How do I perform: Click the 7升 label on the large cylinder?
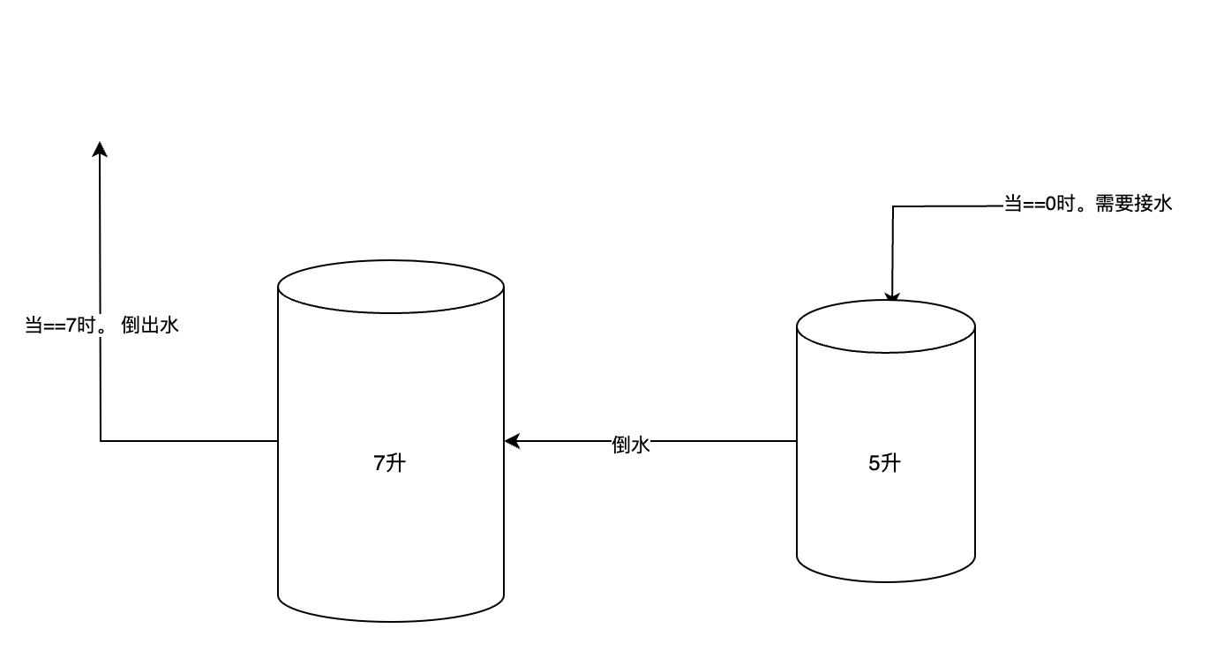point(390,462)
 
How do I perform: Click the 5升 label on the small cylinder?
point(885,462)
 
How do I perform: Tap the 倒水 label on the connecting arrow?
point(631,445)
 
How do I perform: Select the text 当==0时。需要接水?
point(1088,205)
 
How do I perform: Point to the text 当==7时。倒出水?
point(101,325)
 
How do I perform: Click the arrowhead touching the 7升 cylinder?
point(511,441)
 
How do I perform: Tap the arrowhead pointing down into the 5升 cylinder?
point(892,298)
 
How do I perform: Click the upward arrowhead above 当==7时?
point(100,148)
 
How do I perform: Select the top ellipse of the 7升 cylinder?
point(391,287)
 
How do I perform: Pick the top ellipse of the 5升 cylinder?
point(886,327)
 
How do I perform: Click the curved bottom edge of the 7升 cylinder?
point(391,620)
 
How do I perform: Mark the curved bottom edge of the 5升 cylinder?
point(886,580)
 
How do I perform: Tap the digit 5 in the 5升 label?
point(874,462)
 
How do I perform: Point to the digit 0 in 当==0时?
point(1050,205)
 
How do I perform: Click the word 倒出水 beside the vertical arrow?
point(150,325)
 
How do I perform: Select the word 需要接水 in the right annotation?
point(1134,205)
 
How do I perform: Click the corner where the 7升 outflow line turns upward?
point(101,440)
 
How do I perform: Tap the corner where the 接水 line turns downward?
point(893,207)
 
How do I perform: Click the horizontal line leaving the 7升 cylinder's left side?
point(190,440)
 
